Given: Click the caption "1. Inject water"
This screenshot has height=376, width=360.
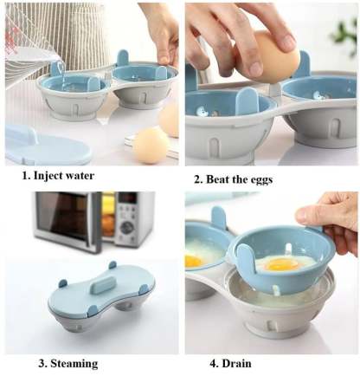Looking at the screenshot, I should [58, 176].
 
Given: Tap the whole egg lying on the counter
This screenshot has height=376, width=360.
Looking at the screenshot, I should [151, 145].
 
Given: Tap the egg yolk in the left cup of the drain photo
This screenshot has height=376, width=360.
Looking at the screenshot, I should [193, 261].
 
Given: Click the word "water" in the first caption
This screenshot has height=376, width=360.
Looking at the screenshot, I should [76, 176].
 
